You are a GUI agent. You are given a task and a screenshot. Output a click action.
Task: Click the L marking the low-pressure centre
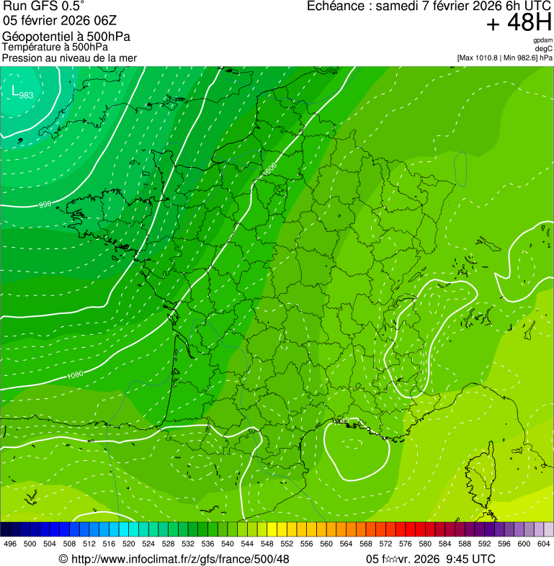[15, 90]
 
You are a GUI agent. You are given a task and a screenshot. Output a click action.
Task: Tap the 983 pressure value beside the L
[26, 95]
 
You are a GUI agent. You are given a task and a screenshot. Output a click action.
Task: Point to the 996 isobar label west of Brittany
[45, 205]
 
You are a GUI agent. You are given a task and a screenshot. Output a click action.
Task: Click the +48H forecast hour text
[519, 23]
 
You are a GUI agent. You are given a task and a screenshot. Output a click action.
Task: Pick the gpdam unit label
[542, 40]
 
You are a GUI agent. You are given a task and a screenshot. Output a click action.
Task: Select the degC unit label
[544, 48]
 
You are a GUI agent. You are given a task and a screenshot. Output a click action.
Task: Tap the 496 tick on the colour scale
[10, 544]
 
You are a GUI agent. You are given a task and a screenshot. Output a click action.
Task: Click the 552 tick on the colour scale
[286, 544]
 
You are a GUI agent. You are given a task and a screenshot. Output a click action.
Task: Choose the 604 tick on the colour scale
[543, 544]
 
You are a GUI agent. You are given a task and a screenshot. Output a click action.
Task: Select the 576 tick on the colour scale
[405, 544]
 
